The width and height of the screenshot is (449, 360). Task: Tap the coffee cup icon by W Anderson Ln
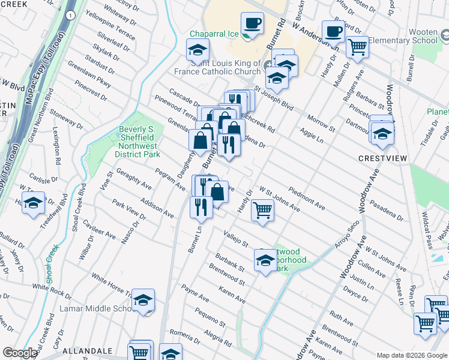pos(333,31)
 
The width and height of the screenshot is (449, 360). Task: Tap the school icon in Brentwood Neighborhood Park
pos(265,260)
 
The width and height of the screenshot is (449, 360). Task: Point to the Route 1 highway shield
pos(72,15)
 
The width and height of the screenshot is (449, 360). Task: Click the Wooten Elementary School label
pos(403,40)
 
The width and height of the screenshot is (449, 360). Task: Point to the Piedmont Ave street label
pos(307,199)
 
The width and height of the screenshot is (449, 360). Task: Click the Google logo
pos(20,353)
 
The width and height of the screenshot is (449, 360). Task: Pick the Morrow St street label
pos(321,121)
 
